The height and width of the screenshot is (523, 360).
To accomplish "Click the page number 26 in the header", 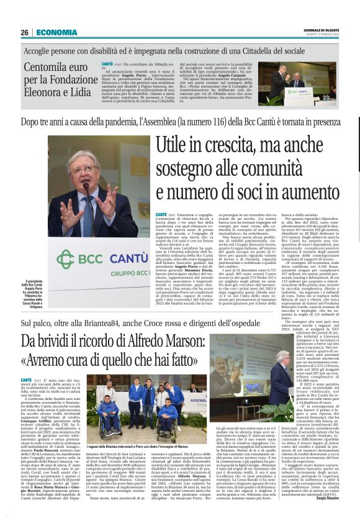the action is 25,32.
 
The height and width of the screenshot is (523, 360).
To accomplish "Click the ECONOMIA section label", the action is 56,32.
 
